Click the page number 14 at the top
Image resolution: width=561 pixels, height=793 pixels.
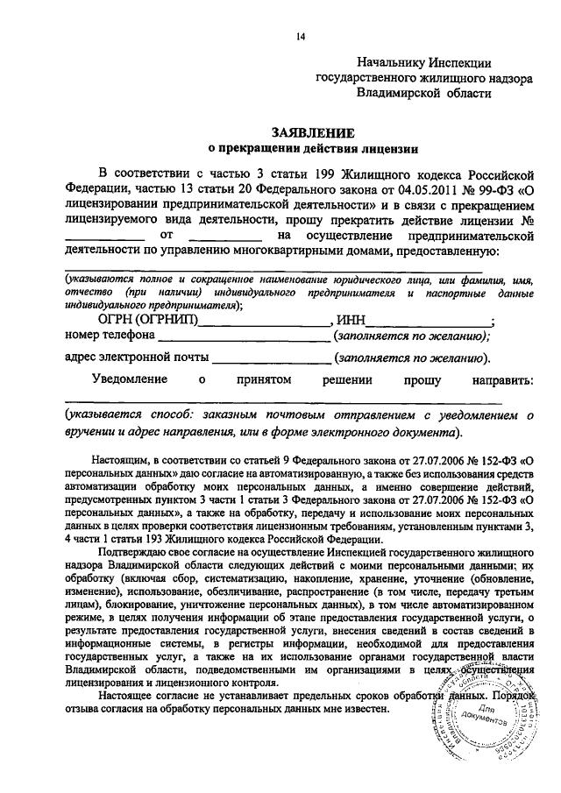[x=301, y=36]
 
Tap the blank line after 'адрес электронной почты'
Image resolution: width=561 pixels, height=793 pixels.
[x=273, y=359]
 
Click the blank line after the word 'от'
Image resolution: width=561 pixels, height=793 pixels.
[x=225, y=238]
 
